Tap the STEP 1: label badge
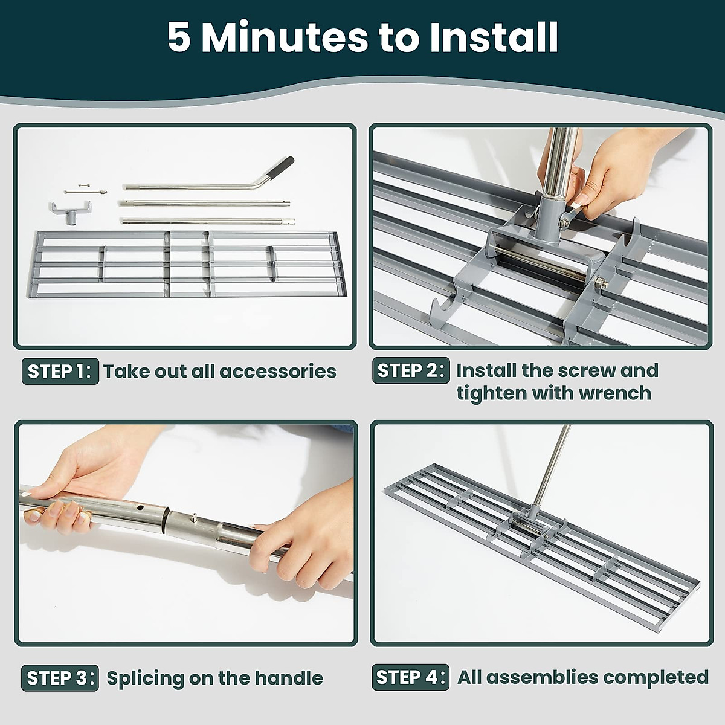(60, 371)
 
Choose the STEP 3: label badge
(60, 678)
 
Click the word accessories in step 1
(277, 371)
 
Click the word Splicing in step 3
(146, 678)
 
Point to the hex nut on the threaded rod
(602, 280)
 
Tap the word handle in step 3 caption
(293, 678)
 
